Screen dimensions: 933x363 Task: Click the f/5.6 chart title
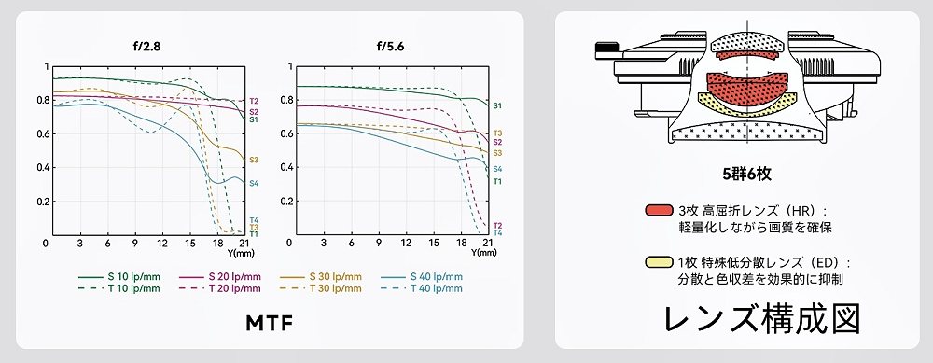pos(390,47)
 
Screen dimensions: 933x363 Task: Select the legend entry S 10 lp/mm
pos(119,277)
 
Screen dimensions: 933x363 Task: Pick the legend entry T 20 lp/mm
pos(220,288)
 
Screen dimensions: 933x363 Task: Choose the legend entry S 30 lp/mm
pos(321,277)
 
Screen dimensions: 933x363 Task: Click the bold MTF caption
pos(270,323)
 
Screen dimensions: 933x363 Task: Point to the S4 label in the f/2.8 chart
pos(254,183)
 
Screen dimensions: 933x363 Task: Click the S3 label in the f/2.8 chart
pos(254,160)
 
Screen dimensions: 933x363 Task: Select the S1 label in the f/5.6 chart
pos(497,106)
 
